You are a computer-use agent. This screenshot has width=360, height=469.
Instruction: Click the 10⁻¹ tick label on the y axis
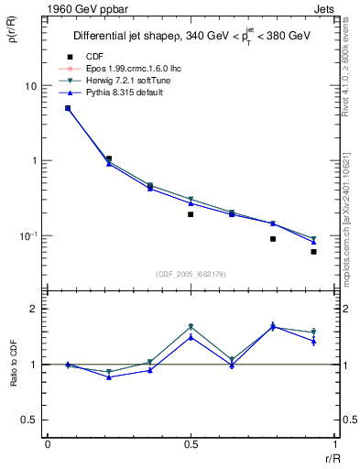27,235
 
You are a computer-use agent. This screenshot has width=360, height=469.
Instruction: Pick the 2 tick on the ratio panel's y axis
35,309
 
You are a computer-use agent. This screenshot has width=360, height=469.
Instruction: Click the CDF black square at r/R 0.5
191,214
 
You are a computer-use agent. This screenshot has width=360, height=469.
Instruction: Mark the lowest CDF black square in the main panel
313,251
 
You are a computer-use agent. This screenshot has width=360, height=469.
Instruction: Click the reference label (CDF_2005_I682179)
190,272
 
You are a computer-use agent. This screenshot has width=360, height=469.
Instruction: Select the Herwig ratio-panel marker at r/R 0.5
191,326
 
